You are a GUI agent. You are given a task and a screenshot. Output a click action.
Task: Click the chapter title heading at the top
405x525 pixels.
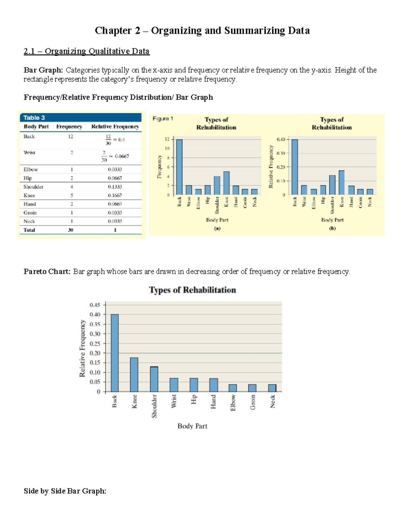[x=202, y=31]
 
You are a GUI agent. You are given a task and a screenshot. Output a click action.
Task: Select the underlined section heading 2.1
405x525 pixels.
[x=86, y=51]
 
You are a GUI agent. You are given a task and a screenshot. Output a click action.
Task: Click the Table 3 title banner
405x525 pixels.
[x=80, y=118]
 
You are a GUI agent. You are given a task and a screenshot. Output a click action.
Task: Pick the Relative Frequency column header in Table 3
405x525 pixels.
[x=115, y=126]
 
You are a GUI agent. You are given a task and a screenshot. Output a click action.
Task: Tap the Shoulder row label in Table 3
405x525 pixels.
[x=33, y=187]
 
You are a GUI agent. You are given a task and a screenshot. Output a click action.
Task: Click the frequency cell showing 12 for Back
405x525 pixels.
[x=71, y=137]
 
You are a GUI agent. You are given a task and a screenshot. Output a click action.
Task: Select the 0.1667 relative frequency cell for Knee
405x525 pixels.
[x=115, y=195]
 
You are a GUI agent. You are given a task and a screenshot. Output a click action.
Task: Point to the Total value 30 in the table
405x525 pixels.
[x=71, y=230]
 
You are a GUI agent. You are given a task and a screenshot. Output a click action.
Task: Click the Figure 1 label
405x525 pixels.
[x=163, y=119]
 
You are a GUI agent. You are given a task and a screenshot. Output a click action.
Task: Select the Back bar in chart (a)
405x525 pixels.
[x=179, y=167]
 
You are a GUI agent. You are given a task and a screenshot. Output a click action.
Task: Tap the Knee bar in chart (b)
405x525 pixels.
[x=342, y=183]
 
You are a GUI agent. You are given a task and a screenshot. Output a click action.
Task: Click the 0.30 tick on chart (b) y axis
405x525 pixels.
[x=281, y=153]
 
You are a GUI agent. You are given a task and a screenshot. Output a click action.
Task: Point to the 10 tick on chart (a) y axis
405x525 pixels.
[x=167, y=148]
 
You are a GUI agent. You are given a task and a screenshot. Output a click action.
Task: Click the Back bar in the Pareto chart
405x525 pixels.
[x=115, y=353]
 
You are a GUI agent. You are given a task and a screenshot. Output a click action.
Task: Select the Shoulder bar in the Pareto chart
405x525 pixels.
[x=154, y=379]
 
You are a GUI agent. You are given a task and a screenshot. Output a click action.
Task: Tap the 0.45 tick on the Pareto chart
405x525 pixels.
[x=95, y=305]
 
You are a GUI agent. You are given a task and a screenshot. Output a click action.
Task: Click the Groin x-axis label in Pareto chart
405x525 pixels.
[x=252, y=402]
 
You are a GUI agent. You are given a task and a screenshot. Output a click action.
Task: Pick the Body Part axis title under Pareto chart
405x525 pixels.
[x=192, y=426]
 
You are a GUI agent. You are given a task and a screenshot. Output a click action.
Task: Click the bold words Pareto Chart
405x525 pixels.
[x=47, y=271]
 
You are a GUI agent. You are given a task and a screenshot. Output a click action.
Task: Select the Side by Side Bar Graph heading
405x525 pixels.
[x=65, y=491]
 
